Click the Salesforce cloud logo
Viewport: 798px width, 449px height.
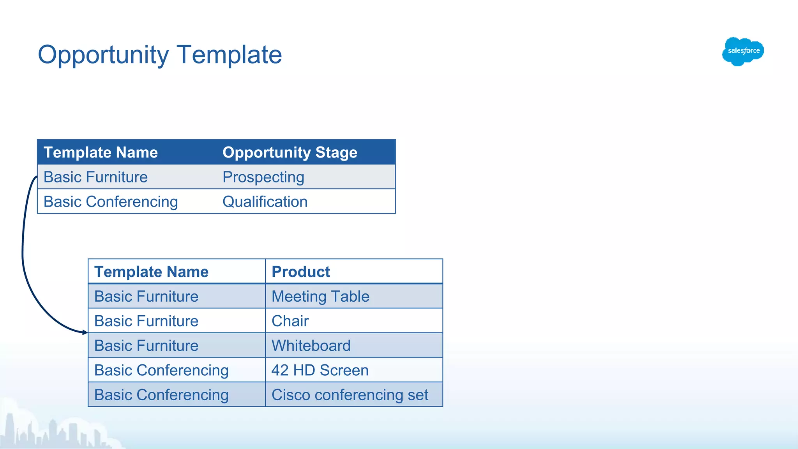coord(743,51)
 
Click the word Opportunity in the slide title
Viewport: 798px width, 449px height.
coord(103,55)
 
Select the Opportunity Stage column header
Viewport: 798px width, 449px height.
coord(290,152)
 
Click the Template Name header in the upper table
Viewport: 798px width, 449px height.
coord(101,152)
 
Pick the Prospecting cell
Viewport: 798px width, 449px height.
coord(263,177)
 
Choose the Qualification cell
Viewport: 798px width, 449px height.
coord(265,202)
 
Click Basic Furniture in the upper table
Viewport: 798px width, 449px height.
coord(95,177)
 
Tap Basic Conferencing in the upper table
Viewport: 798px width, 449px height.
coord(111,202)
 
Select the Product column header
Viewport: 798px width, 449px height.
coord(301,272)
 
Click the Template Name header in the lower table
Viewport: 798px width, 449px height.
coord(151,272)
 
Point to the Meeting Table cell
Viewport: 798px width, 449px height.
coord(320,297)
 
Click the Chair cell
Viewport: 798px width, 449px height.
coord(290,321)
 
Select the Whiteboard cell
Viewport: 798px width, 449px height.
coord(311,346)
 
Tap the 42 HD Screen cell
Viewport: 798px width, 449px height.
coord(320,370)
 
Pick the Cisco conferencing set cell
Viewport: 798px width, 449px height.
coord(350,395)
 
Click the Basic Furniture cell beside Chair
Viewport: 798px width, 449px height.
coord(146,321)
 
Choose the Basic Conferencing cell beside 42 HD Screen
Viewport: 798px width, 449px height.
coord(161,370)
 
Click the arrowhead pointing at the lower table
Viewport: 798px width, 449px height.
coord(85,332)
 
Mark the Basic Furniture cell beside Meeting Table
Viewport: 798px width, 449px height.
coord(146,297)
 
